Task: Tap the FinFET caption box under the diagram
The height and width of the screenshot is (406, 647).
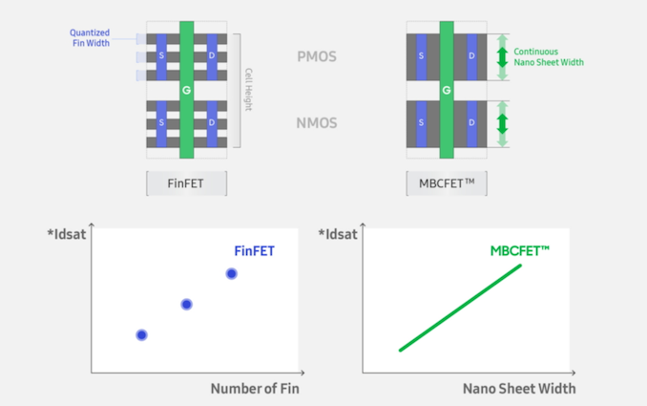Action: [186, 183]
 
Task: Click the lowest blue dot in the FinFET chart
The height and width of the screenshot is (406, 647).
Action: [141, 334]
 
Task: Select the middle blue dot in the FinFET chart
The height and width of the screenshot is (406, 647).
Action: [187, 304]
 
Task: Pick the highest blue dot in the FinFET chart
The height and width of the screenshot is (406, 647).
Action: [231, 274]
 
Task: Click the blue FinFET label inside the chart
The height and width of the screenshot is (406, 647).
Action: [255, 252]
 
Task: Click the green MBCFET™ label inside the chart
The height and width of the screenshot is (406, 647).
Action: [519, 251]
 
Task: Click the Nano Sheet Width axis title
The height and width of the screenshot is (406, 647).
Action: [519, 389]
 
